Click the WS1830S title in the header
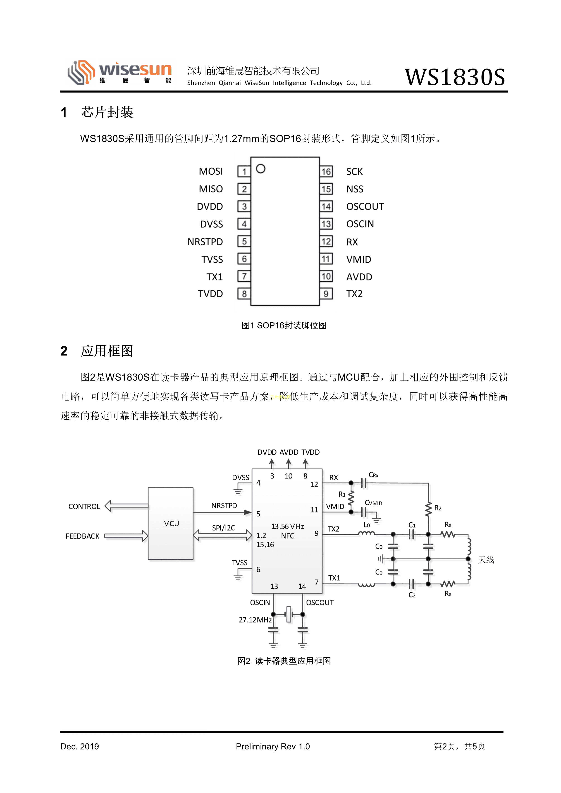point(455,77)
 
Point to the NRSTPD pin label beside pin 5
point(205,242)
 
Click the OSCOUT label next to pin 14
point(365,207)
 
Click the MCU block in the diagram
point(171,524)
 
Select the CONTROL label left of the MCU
point(84,507)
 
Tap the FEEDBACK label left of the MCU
point(83,536)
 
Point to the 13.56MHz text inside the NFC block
point(287,526)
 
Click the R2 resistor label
point(438,508)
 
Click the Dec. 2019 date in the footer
point(79,746)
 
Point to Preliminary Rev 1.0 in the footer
point(273,746)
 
